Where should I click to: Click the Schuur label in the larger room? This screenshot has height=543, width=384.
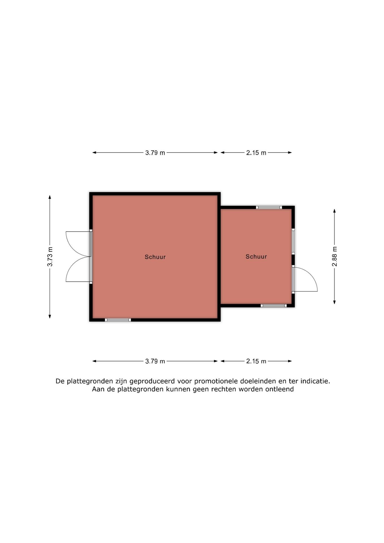pyautogui.click(x=155, y=257)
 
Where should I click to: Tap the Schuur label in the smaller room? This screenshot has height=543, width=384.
pyautogui.click(x=256, y=257)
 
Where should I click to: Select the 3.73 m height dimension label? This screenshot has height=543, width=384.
pyautogui.click(x=50, y=257)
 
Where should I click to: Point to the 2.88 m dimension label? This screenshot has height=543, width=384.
pyautogui.click(x=335, y=257)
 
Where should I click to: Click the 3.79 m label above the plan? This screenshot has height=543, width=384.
pyautogui.click(x=155, y=153)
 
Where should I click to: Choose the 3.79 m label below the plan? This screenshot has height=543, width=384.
pyautogui.click(x=155, y=361)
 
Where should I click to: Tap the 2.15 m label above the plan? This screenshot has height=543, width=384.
pyautogui.click(x=256, y=153)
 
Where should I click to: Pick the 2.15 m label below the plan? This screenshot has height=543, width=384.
pyautogui.click(x=256, y=361)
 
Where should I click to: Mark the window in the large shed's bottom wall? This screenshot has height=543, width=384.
pyautogui.click(x=118, y=320)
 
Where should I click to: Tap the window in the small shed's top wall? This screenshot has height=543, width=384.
pyautogui.click(x=269, y=208)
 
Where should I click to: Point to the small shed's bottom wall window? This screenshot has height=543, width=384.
pyautogui.click(x=273, y=305)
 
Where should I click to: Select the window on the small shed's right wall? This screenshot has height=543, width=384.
pyautogui.click(x=293, y=242)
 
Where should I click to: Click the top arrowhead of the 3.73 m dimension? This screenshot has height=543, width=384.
pyautogui.click(x=50, y=197)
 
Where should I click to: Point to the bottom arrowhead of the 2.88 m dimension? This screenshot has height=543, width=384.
pyautogui.click(x=335, y=302)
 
